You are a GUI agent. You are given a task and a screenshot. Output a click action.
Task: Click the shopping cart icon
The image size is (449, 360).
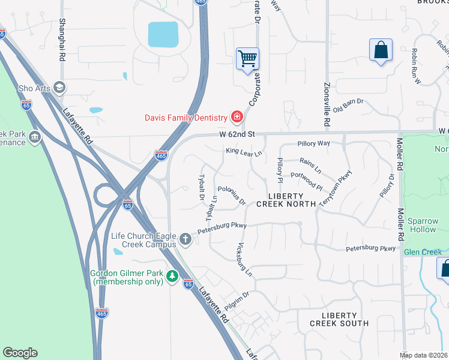[247, 59]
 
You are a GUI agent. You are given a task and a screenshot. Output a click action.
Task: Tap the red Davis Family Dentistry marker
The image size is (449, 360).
[237, 117]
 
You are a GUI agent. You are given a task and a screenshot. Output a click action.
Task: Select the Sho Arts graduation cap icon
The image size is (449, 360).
[59, 88]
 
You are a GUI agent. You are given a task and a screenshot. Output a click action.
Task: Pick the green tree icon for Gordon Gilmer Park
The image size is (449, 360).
[173, 277]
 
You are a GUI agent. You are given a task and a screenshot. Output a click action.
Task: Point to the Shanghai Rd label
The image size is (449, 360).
[62, 40]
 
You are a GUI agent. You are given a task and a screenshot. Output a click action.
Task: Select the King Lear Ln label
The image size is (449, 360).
[244, 153]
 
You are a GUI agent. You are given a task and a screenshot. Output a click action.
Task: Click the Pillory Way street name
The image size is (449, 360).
[314, 144]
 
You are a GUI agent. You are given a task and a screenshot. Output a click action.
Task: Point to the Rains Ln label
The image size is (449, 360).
[310, 163]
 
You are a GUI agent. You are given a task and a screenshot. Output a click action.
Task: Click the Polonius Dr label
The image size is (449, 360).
[232, 195]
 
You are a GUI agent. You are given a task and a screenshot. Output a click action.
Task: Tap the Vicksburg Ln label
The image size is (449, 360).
[244, 260]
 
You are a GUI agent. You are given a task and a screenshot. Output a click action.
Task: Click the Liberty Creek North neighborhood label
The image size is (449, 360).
[286, 200]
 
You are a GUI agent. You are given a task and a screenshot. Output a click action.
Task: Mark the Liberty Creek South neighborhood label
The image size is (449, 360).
[339, 319]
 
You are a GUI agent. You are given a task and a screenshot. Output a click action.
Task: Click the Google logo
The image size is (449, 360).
[20, 353]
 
